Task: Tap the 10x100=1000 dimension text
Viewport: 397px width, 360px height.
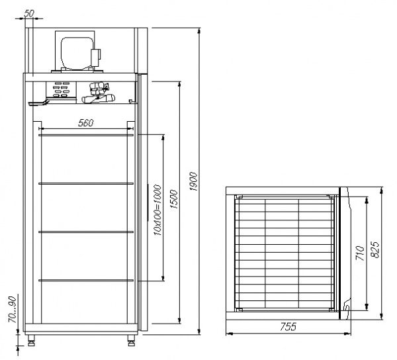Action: (x=157, y=207)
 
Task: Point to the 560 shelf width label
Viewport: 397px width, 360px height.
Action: (x=85, y=122)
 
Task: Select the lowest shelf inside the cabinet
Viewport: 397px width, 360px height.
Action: (x=86, y=280)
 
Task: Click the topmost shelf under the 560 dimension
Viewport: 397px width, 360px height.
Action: (x=86, y=135)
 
